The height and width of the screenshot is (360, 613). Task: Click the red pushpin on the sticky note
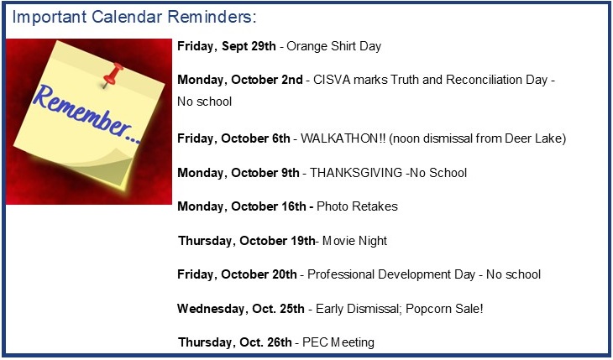tap(113, 75)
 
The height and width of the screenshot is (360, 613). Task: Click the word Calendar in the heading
tap(127, 17)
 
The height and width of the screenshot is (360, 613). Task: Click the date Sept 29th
tap(249, 46)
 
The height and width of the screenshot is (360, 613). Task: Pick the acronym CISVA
tap(330, 80)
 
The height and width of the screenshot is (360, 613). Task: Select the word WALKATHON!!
tap(343, 138)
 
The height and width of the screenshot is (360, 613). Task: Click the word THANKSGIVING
tap(356, 173)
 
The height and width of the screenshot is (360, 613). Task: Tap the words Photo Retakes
tap(357, 206)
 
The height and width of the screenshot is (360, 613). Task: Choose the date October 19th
tap(277, 241)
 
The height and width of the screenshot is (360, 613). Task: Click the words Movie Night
tap(355, 241)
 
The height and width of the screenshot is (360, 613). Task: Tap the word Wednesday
tap(211, 309)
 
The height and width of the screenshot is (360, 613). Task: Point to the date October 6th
tap(255, 138)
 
